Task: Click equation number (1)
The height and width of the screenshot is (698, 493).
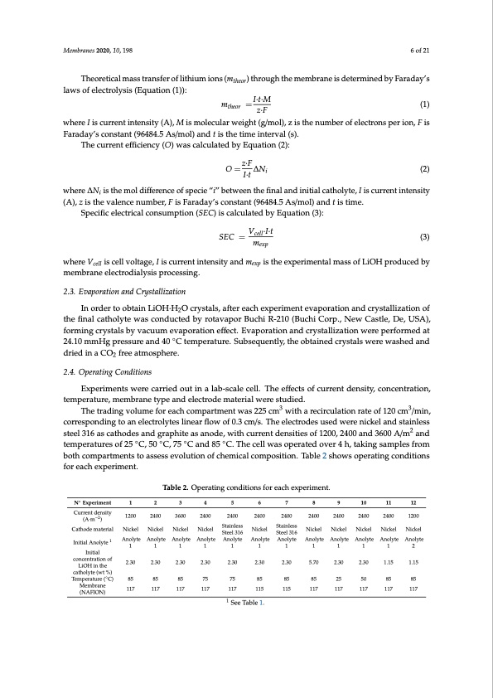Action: pyautogui.click(x=425, y=104)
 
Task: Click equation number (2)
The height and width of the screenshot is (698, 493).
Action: pyautogui.click(x=425, y=169)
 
